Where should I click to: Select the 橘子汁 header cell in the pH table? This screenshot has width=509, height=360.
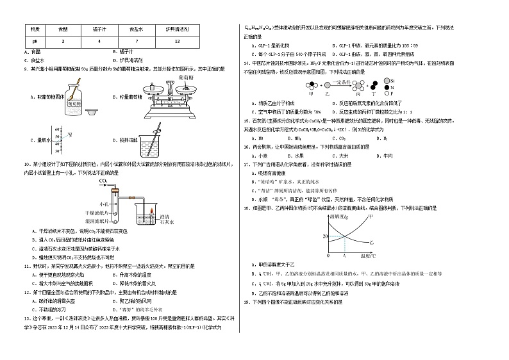pyautogui.click(x=99, y=29)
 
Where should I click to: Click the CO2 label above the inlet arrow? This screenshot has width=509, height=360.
pyautogui.click(x=103, y=181)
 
